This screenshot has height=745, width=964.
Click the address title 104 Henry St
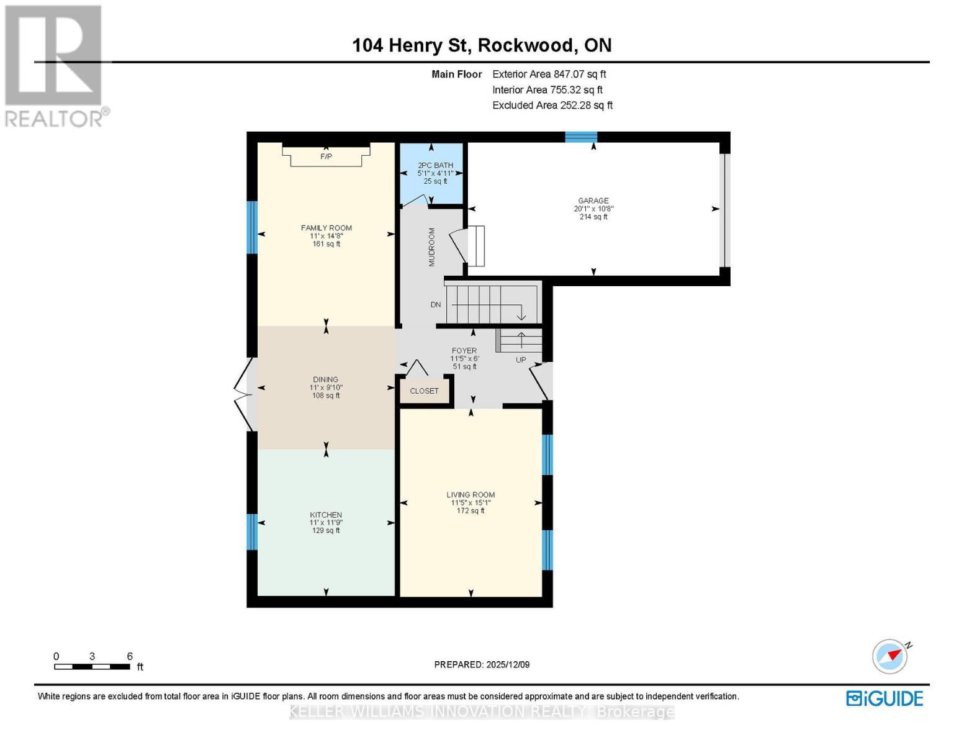(x=482, y=45)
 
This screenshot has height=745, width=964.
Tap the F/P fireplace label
(x=326, y=156)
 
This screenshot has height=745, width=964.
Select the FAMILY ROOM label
(x=326, y=228)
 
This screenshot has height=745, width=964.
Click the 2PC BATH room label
(x=435, y=165)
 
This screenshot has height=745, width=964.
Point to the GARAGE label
(x=593, y=201)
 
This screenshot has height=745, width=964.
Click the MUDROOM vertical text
(x=432, y=247)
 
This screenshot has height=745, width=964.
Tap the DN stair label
(x=436, y=305)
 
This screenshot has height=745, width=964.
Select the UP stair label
(x=521, y=360)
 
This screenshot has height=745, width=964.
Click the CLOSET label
(x=424, y=391)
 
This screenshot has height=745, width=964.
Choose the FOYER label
(x=464, y=351)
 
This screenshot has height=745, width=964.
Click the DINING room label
(x=326, y=379)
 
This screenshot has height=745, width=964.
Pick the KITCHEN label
(x=326, y=515)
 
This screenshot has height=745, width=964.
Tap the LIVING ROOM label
(x=471, y=495)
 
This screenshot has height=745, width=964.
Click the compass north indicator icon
(x=890, y=656)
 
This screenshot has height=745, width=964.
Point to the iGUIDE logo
(x=885, y=698)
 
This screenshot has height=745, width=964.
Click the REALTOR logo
(x=55, y=65)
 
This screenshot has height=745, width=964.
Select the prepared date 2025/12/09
(x=482, y=664)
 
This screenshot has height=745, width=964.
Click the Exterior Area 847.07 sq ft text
(x=549, y=74)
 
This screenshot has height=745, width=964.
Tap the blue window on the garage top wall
(x=581, y=137)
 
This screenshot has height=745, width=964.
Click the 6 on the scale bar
(x=130, y=656)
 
